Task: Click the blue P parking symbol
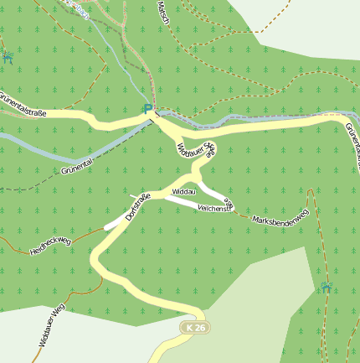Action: (148, 109)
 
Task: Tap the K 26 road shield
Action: (196, 326)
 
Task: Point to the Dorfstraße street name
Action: (136, 206)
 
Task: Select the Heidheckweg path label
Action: (51, 246)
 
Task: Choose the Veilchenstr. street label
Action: (213, 206)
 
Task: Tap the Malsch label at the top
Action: (162, 12)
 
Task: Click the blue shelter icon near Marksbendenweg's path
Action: (325, 288)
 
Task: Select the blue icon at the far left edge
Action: (8, 57)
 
